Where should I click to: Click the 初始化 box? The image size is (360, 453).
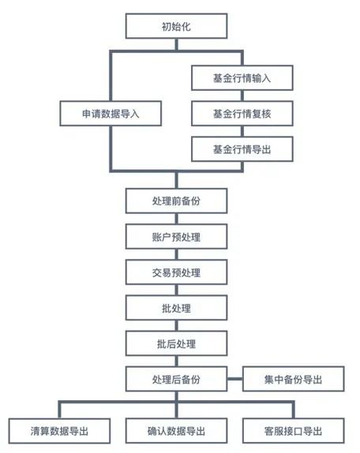point(177,26)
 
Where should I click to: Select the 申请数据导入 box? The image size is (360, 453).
point(111,114)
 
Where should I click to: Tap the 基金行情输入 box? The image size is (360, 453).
point(242,78)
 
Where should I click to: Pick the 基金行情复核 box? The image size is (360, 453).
point(242,114)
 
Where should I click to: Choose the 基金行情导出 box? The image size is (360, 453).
point(242,149)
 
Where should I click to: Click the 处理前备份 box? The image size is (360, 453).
point(177,200)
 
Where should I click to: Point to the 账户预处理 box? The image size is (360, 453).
point(177,237)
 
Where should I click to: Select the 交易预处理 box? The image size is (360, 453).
point(177,272)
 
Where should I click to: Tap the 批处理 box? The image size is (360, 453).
point(177,308)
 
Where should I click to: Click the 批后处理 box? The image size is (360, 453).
point(177,343)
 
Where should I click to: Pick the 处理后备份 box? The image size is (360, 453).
point(177,379)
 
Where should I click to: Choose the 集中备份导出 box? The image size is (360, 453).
point(293,379)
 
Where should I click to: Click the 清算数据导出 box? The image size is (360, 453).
point(59,431)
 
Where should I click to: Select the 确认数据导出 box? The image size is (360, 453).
point(177,431)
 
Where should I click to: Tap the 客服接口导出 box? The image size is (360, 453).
point(293,431)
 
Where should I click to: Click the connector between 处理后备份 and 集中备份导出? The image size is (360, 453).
point(235,379)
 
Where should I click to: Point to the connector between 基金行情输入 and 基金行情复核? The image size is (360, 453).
point(242,96)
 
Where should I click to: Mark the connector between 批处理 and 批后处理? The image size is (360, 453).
point(177,326)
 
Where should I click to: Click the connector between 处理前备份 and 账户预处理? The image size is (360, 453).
point(177,219)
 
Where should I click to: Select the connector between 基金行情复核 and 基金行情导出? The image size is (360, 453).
point(242,132)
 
